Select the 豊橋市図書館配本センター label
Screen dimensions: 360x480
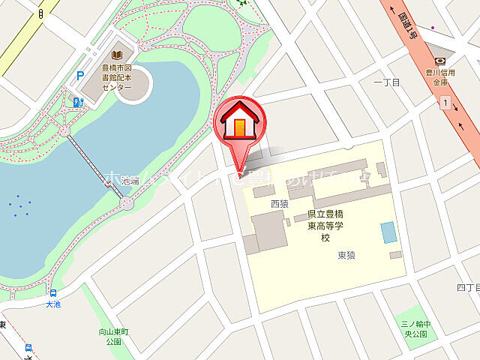pyautogui.click(x=116, y=77)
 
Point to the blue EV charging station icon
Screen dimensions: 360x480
pyautogui.click(x=77, y=101)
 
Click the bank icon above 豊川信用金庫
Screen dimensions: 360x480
pyautogui.click(x=441, y=61)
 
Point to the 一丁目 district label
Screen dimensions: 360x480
pyautogui.click(x=383, y=82)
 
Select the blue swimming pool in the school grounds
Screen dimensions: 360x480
pyautogui.click(x=386, y=232)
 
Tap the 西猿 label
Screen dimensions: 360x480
pyautogui.click(x=279, y=203)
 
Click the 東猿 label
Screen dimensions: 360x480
pyautogui.click(x=346, y=256)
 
